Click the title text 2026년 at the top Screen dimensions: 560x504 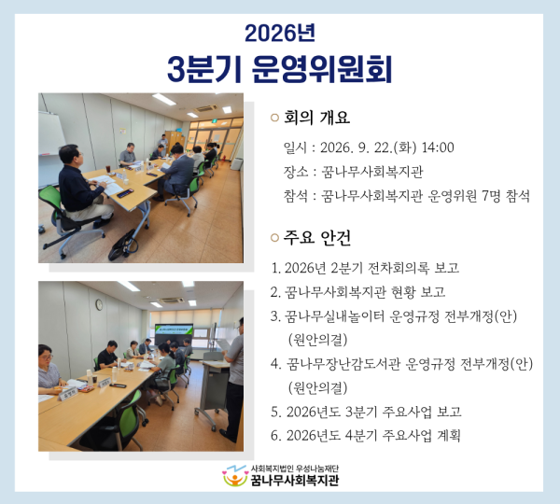(x=280, y=33)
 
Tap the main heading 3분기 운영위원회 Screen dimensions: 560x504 (x=280, y=69)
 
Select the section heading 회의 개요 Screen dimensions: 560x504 (x=316, y=118)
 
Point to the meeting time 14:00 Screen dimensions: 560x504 (x=438, y=147)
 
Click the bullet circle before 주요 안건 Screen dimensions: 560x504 (x=274, y=238)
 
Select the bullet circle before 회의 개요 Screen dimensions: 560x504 (x=274, y=118)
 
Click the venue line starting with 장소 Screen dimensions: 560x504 (x=353, y=172)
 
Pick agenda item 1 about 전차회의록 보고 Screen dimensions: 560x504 (x=365, y=268)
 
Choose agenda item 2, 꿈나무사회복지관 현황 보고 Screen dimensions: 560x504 (x=357, y=292)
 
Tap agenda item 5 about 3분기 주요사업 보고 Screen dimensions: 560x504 (x=366, y=412)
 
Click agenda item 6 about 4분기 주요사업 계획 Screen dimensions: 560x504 (x=365, y=436)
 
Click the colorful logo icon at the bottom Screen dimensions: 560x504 (x=234, y=476)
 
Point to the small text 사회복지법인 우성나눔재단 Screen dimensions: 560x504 (x=295, y=469)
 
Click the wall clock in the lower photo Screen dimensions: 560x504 (x=99, y=304)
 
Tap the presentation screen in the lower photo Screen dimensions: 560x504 (x=174, y=333)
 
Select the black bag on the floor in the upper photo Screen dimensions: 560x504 (x=123, y=245)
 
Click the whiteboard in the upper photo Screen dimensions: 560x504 (x=50, y=133)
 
